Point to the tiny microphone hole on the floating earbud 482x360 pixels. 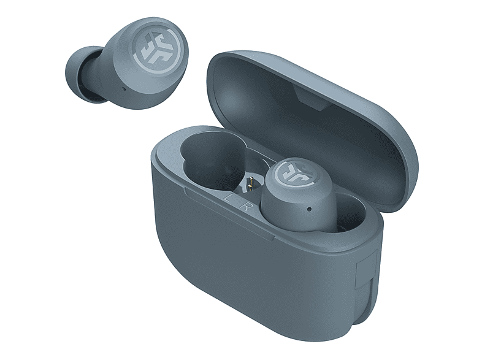coord(124,89)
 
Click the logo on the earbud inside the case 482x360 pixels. coord(293,174)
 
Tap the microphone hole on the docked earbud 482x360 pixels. coord(309,209)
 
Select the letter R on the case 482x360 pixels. coord(245,206)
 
